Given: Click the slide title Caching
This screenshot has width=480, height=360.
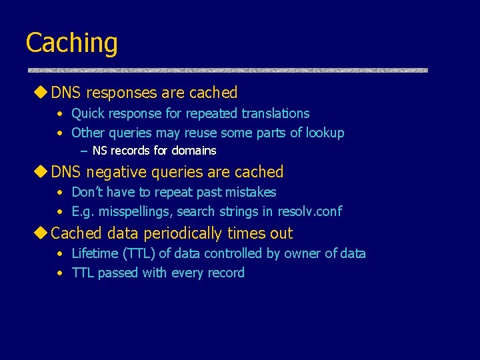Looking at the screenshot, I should coord(71,43).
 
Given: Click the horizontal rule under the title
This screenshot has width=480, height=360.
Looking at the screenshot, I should coord(227,70).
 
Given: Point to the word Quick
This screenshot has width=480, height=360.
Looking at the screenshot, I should coord(88,114).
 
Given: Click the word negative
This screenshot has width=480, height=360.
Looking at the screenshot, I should coord(115,172).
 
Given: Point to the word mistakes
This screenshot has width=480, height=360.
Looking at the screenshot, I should coord(249,192).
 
